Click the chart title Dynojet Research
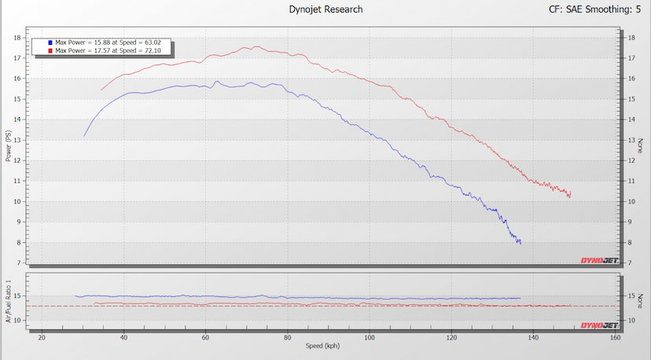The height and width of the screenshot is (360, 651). point(325,9)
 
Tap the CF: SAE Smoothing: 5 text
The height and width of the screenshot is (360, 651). point(594,9)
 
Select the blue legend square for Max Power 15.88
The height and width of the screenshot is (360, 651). point(50,42)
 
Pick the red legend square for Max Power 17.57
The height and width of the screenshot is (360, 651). point(50,50)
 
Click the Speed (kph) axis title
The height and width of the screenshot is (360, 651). point(322,346)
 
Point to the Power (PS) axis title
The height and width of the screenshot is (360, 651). point(8,145)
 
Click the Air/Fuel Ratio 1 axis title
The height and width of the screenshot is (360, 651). point(8,301)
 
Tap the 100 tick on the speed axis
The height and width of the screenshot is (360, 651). point(369,337)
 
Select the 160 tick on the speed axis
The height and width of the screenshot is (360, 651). point(616,337)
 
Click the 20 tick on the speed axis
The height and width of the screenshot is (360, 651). point(42,337)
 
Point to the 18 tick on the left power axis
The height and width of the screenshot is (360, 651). point(17,38)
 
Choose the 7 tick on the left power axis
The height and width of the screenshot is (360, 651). point(19,263)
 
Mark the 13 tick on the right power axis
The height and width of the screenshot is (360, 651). point(631,140)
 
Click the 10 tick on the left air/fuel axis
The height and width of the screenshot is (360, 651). point(17,320)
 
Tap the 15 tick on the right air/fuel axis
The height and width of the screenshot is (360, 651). point(631,296)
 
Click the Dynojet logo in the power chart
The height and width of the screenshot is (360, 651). point(599,260)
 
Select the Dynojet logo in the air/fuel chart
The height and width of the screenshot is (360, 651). point(599,325)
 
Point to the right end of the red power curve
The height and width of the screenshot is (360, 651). point(571,192)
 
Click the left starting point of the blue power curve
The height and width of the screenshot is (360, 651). point(84,136)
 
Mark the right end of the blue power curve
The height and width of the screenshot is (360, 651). point(520,244)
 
